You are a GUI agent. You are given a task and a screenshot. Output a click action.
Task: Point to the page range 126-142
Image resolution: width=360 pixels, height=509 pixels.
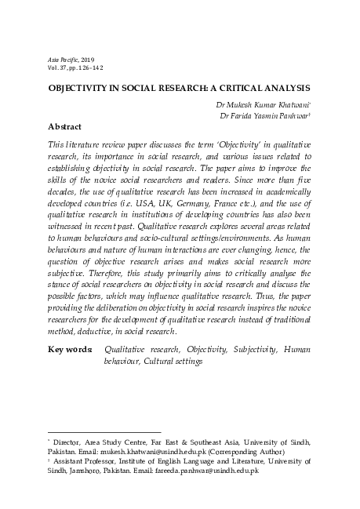(x=91, y=68)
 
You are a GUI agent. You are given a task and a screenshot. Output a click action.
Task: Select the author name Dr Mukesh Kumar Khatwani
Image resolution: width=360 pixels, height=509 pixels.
(x=263, y=104)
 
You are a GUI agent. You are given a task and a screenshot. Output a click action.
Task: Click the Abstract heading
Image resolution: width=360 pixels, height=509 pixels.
(x=65, y=126)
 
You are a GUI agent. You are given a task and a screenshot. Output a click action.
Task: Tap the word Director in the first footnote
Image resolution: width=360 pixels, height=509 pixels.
(x=71, y=442)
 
